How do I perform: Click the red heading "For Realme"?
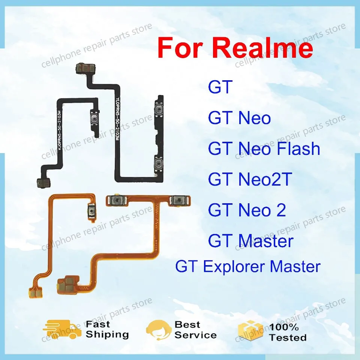[235, 48]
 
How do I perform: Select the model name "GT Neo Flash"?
[264, 149]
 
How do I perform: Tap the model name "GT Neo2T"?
[250, 180]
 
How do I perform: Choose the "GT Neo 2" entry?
[247, 210]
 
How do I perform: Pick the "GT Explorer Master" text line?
[248, 267]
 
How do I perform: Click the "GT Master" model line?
[250, 240]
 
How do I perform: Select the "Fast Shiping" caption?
[107, 329]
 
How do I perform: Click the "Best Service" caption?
[195, 330]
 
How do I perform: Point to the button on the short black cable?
[94, 120]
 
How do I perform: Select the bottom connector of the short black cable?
[44, 183]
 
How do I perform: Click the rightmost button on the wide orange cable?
[176, 201]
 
